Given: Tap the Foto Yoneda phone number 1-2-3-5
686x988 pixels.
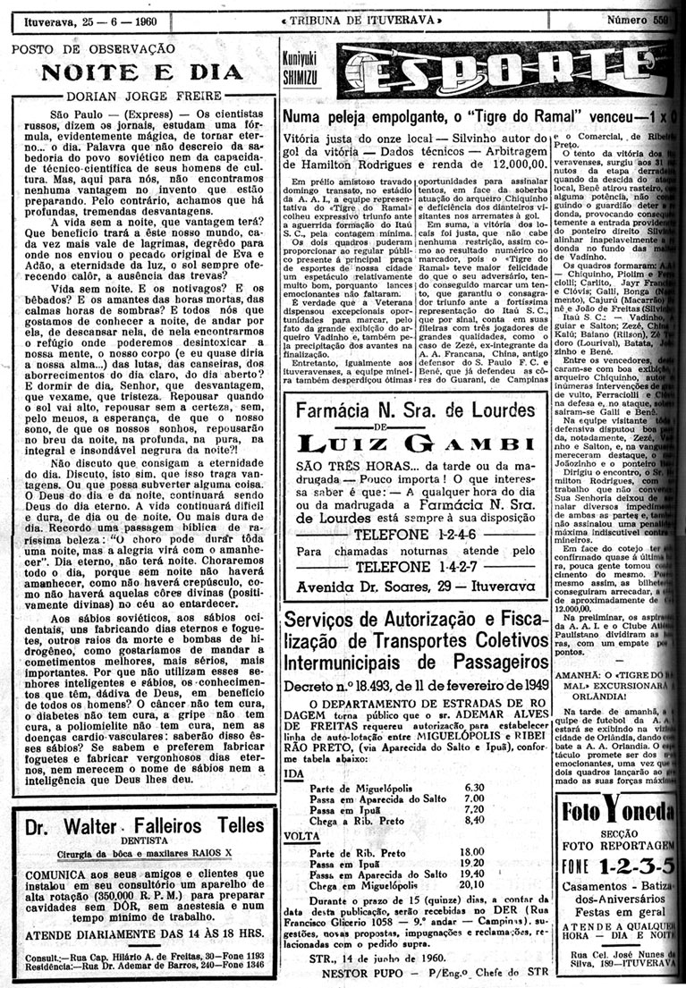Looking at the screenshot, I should click(637, 868).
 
